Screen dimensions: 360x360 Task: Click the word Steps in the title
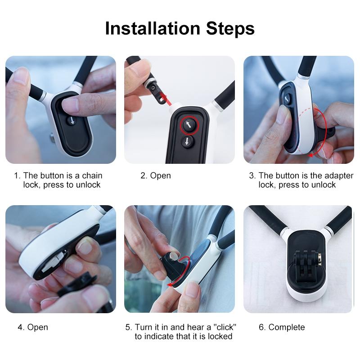230,28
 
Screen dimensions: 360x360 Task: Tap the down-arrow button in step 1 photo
72,121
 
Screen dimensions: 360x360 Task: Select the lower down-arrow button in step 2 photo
187,142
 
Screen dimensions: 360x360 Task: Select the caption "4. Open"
33,327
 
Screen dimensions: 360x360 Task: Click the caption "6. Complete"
282,327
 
